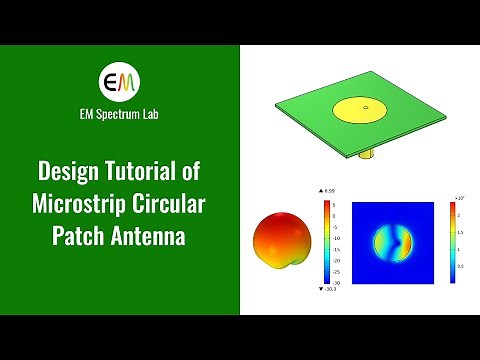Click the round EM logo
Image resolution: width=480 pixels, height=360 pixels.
[120, 81]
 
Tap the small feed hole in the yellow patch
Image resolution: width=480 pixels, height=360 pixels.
[366, 107]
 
